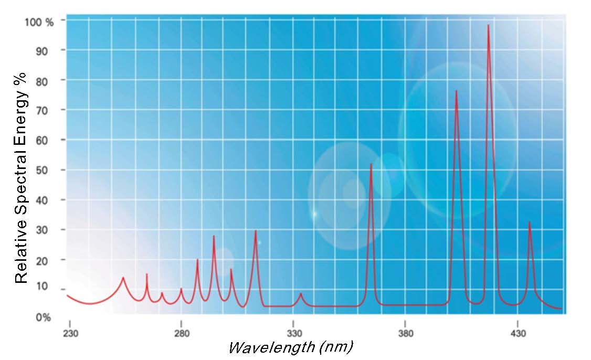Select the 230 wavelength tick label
(70, 334)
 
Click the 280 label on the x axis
(181, 334)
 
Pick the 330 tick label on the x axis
(293, 334)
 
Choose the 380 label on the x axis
(405, 334)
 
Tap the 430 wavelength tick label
(518, 334)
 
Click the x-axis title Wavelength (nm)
(290, 348)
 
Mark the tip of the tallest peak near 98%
(489, 25)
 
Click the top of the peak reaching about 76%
(456, 91)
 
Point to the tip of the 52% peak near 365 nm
(371, 164)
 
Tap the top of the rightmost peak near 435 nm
(529, 222)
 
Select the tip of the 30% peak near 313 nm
(256, 231)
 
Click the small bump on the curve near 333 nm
(301, 294)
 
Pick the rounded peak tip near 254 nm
(123, 278)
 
